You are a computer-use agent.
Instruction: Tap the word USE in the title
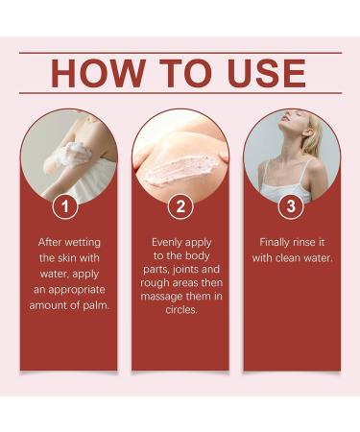260,74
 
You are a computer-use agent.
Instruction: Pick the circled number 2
180,205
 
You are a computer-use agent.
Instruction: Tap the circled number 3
291,205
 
